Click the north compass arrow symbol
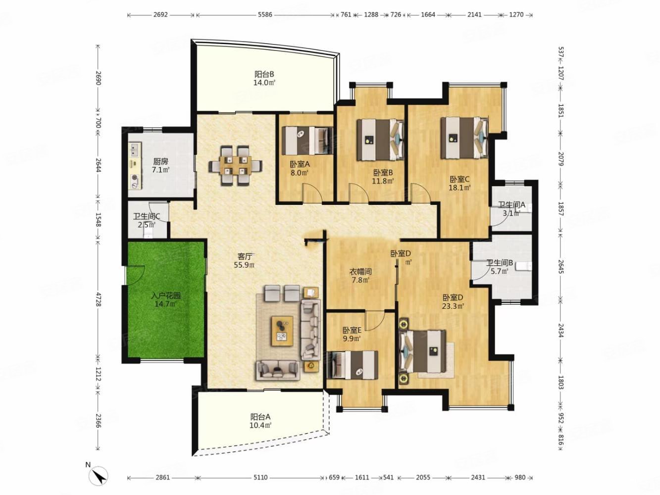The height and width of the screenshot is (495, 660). [99, 476]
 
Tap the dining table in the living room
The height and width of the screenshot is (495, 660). [236, 165]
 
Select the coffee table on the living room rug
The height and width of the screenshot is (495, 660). [282, 331]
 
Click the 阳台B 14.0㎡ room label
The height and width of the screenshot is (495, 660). [264, 78]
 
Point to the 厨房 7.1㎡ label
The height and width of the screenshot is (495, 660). [160, 166]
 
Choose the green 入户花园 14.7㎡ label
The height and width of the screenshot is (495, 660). [166, 300]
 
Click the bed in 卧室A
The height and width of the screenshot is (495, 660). [307, 141]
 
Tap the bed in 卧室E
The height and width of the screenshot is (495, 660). [353, 365]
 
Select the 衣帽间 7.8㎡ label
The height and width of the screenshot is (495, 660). [360, 276]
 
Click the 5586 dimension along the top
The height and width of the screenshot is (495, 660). [265, 14]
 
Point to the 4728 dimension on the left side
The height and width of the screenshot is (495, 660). [98, 299]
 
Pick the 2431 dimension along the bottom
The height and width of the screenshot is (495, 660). [478, 477]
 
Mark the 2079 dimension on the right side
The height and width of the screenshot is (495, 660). [560, 159]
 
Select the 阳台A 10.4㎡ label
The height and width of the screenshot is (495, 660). [261, 421]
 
